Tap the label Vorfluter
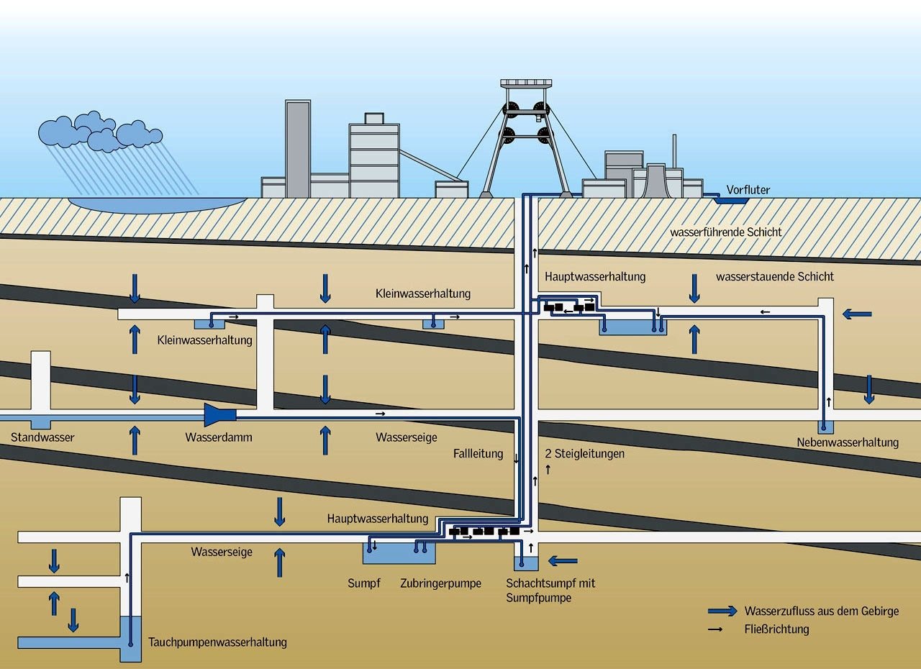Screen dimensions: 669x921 coord(748,190)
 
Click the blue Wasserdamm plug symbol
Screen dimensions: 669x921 coord(220,415)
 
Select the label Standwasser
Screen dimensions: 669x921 coord(42,437)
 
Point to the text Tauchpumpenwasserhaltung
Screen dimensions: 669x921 coord(217,642)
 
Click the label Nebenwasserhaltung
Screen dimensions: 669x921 coord(848,442)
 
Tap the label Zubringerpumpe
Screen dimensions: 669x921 coord(440,583)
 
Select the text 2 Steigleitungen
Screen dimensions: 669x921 coord(584,454)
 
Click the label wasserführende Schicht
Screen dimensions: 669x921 coord(725,232)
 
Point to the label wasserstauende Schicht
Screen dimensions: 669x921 coord(775,276)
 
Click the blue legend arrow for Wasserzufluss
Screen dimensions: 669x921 coord(722,611)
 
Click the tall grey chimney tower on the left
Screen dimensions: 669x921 coord(297,149)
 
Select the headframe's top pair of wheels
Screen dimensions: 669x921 coord(525,109)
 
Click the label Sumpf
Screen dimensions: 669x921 coord(363,583)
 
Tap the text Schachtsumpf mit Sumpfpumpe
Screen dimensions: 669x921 coord(550,591)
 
